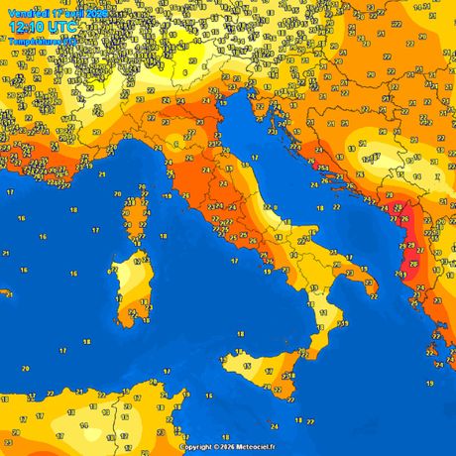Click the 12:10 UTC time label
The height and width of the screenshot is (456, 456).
click(44, 27)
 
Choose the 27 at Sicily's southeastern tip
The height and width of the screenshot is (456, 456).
click(293, 378)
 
